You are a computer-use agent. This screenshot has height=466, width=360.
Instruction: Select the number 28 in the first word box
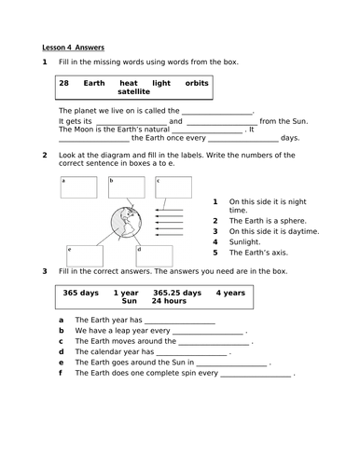tap(63, 83)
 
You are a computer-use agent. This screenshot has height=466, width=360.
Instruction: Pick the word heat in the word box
tap(132, 83)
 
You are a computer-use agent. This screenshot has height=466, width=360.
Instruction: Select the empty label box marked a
tap(77, 186)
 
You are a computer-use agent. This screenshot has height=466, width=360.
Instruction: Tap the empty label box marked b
tap(125, 185)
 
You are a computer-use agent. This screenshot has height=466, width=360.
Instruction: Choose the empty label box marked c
tap(172, 185)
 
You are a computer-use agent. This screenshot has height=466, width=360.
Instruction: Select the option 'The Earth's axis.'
tap(259, 252)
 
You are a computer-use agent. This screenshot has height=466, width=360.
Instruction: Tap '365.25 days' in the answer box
tap(175, 292)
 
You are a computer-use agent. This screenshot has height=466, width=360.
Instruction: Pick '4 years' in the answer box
tap(230, 292)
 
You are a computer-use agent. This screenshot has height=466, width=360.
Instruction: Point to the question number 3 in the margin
tap(44, 271)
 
